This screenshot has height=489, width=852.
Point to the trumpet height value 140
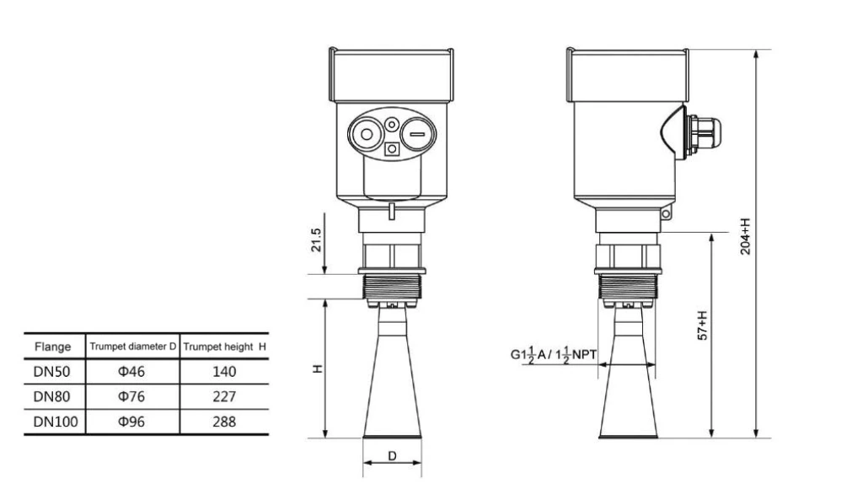pos(223,372)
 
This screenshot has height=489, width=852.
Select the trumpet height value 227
pos(223,396)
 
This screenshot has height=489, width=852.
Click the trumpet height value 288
pos(223,422)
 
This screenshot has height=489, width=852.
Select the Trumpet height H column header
pos(225,347)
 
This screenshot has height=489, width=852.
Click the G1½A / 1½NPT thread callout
pos(553,357)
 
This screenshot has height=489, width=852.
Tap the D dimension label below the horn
pos(392,456)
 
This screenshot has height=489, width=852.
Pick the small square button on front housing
pos(392,149)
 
